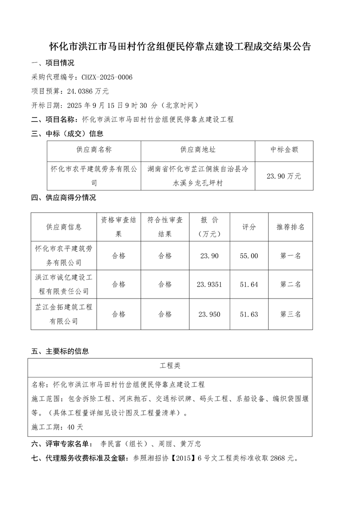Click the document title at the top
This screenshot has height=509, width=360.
coord(180,47)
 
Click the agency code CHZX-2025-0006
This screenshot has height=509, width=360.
coord(106,78)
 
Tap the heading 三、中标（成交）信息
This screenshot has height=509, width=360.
coord(67,134)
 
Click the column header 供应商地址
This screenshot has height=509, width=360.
coord(198,150)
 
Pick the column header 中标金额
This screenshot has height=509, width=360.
coord(284,150)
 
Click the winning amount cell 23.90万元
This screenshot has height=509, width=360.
coord(284,176)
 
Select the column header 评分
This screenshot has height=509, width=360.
coord(249,227)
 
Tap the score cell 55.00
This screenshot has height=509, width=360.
coord(249,256)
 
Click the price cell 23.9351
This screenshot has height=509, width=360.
coord(209,284)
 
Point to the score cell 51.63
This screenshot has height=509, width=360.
coord(249,314)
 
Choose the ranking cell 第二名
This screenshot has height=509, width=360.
coord(291,284)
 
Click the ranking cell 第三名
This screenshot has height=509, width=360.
coord(291,314)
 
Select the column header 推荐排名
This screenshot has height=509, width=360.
coord(291,227)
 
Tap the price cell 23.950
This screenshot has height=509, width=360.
coord(209,314)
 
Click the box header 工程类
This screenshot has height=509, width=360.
coord(170,366)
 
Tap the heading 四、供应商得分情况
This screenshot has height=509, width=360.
coord(63,198)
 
